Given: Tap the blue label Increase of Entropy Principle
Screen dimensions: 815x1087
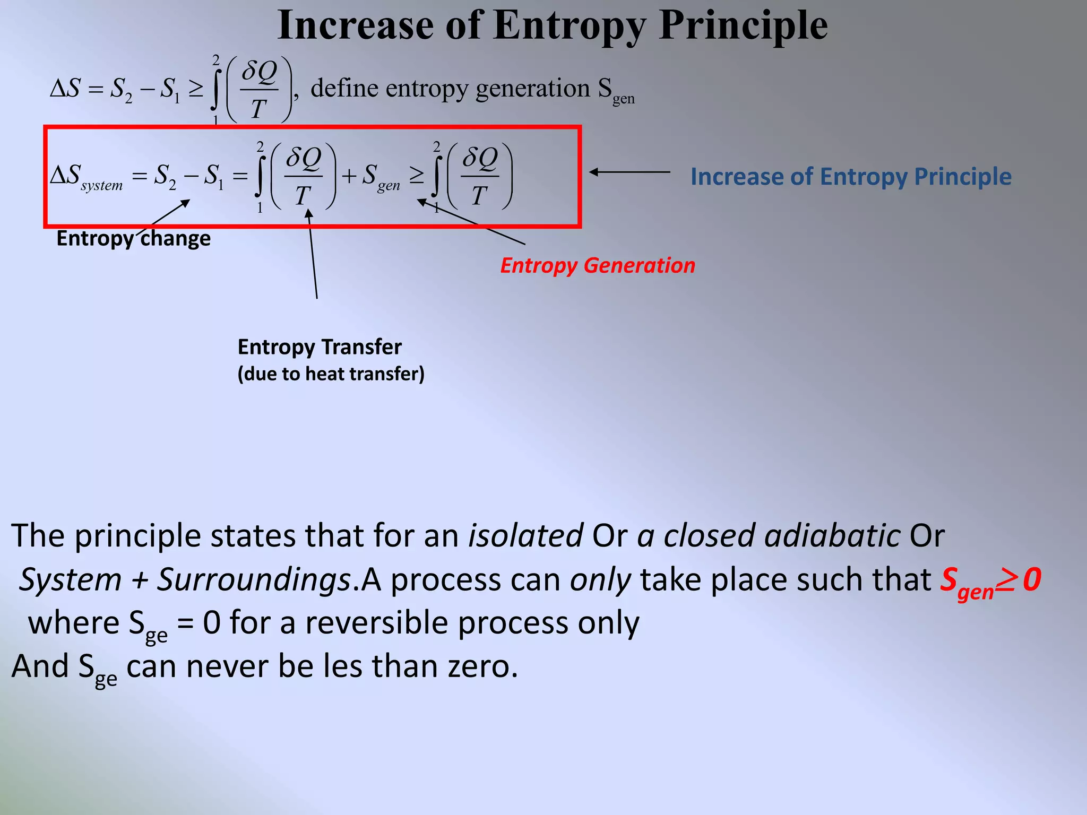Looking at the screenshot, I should (851, 177).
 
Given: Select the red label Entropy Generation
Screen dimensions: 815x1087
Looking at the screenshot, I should (598, 265).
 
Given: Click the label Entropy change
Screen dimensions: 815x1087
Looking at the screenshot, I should (133, 238).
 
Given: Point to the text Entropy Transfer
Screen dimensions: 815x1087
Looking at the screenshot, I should (320, 347).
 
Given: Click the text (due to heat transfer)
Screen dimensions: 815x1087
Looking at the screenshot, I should (331, 374).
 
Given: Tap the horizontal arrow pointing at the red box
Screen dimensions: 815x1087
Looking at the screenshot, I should (630, 172).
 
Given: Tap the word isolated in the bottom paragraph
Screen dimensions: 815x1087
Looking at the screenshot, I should (525, 535).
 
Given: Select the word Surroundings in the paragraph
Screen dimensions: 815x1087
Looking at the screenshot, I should (254, 579).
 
